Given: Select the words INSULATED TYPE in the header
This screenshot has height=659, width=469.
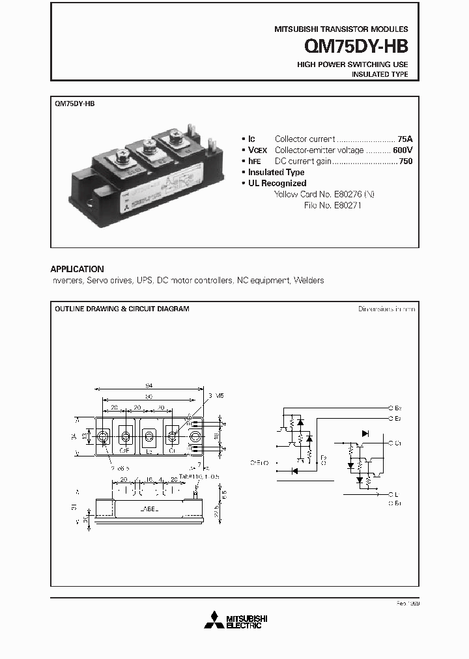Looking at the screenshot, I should pos(380,75).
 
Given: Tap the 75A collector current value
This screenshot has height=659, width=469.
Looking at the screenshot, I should pos(405,139).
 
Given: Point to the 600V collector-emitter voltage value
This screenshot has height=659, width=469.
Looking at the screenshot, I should pos(403,150).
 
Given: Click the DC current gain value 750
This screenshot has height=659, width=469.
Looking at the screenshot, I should pos(405,161).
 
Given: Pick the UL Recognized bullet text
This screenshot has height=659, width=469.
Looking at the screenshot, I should pos(277,183).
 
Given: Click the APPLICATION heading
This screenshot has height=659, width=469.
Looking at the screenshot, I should pos(77,269).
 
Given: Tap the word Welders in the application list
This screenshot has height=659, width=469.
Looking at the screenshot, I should pos(308,280).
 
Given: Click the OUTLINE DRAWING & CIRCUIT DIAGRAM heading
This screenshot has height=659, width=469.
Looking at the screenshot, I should pos(122,309).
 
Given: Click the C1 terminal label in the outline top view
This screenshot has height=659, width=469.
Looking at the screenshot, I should pos(172,451).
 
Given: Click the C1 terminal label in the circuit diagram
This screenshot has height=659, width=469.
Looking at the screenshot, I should pos(398,443).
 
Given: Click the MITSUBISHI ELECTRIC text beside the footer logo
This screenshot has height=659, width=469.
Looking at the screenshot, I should pos(244,621).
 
